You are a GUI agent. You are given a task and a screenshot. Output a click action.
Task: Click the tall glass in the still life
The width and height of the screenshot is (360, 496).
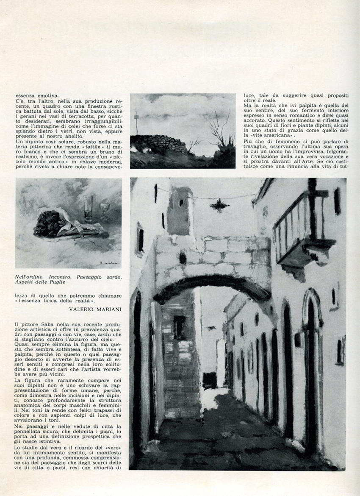(89, 207)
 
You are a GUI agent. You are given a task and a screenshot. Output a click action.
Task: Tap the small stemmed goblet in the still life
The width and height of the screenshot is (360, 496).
(104, 211)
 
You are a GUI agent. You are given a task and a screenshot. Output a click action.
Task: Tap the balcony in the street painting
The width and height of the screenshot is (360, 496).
(303, 231)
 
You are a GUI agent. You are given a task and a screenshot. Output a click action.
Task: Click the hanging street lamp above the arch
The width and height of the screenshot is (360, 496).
(219, 206)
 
